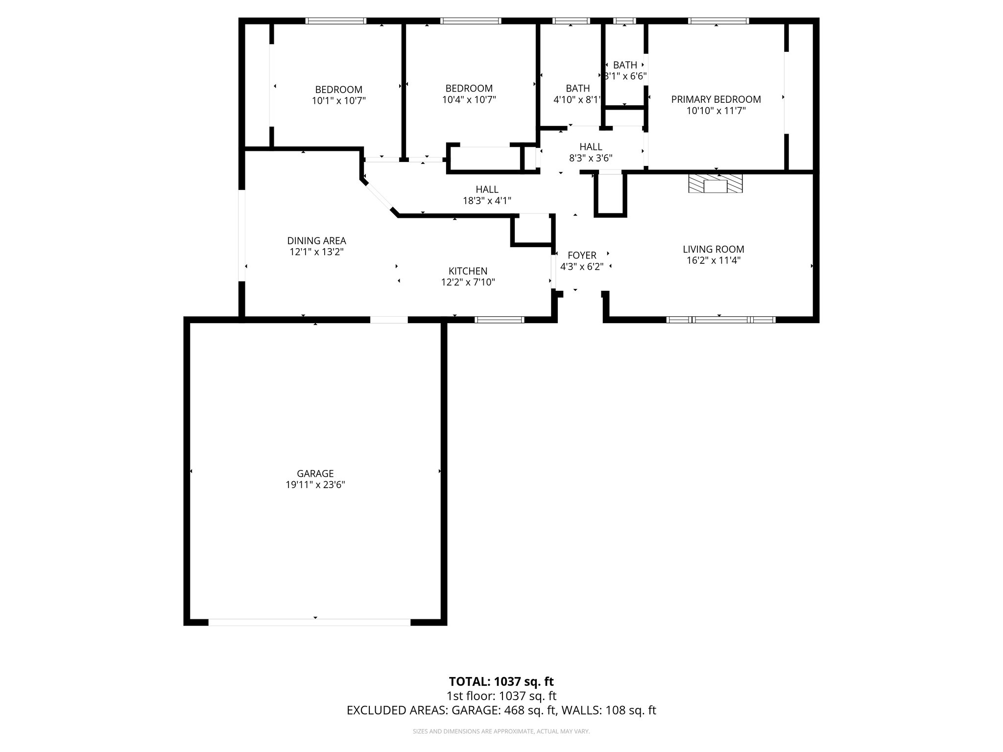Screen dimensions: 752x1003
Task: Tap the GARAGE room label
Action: pos(315,473)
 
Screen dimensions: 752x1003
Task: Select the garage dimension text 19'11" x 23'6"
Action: pos(315,485)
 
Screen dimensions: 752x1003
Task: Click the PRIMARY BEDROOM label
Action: pos(716,99)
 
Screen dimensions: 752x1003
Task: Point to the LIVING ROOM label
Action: pos(713,249)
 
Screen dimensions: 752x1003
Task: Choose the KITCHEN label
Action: pos(468,271)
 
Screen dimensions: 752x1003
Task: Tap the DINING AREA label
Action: pos(316,241)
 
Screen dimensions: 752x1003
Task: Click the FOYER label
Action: pos(582,255)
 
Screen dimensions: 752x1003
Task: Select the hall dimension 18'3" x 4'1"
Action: pos(487,200)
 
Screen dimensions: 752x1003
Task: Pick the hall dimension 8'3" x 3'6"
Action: pos(591,158)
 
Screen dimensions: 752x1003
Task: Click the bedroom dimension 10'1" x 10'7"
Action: pos(339,101)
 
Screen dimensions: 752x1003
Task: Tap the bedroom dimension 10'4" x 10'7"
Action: pos(469,99)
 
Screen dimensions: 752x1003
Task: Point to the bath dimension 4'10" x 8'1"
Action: pos(577,99)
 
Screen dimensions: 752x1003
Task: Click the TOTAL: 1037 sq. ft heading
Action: pos(501,681)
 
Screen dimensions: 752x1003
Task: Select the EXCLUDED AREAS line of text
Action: pos(501,710)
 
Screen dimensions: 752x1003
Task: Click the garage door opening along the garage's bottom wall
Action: pos(310,622)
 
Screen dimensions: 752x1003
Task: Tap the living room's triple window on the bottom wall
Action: pos(721,320)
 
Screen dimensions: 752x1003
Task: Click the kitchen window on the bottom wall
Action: pos(500,320)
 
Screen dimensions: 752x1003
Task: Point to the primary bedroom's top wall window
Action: pos(718,21)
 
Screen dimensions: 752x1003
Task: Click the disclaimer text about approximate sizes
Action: pos(501,731)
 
